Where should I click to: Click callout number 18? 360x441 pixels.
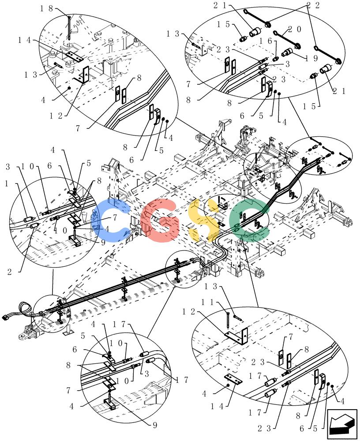[46, 9]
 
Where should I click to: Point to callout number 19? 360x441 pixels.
[312, 58]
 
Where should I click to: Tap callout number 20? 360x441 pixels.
[295, 29]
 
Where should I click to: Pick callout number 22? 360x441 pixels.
[314, 6]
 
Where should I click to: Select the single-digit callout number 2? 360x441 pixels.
[10, 272]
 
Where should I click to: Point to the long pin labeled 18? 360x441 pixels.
[69, 28]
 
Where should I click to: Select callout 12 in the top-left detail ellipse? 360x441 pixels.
[56, 116]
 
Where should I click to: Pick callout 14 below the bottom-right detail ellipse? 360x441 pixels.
[217, 407]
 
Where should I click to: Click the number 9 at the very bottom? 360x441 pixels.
[155, 425]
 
